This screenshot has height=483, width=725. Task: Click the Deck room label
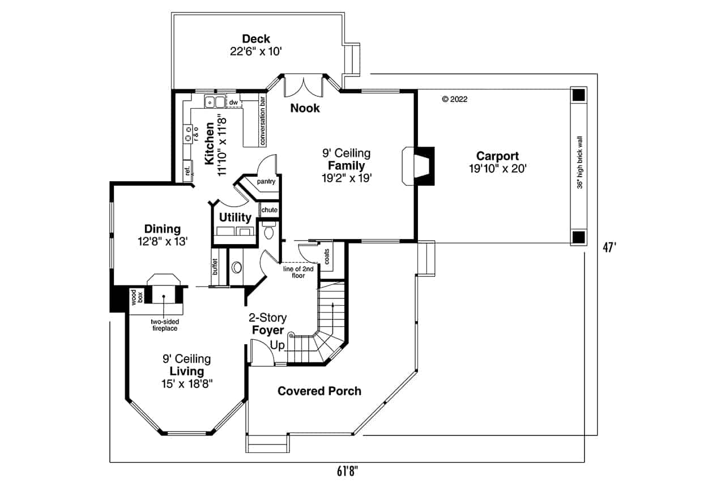click(x=256, y=39)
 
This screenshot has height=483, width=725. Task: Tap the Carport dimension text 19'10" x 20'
click(x=497, y=168)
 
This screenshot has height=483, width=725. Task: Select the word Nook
click(x=305, y=108)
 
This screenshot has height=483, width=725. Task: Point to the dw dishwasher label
click(x=233, y=102)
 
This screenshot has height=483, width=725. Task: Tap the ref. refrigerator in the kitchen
click(x=186, y=172)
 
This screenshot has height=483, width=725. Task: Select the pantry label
click(x=266, y=182)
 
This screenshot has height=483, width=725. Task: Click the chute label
click(x=270, y=210)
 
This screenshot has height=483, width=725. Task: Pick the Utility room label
click(x=235, y=217)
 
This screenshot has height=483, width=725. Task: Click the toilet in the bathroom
click(x=269, y=231)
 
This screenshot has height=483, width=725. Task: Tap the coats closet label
click(x=327, y=255)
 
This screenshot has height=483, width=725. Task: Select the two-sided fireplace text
click(x=164, y=324)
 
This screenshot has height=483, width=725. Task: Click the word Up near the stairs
click(x=278, y=344)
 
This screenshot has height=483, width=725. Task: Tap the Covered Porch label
click(x=319, y=391)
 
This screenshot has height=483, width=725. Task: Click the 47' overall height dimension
click(x=609, y=249)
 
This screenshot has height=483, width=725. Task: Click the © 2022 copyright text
click(x=454, y=99)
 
